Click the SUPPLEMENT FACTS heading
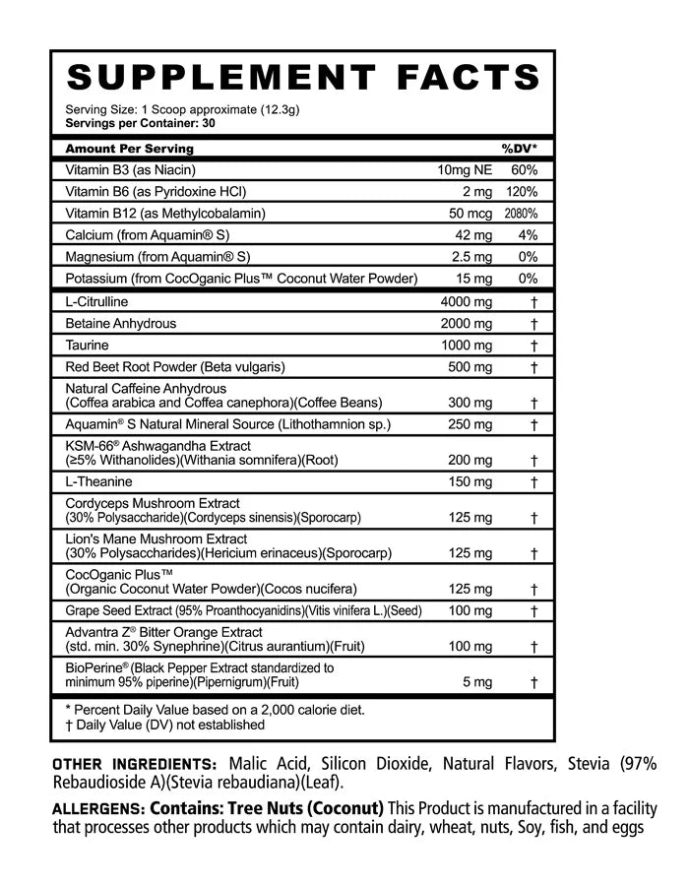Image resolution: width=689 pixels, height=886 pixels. (303, 77)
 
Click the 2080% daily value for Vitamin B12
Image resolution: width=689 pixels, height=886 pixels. (522, 214)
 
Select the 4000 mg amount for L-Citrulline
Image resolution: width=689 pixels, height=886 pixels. (466, 300)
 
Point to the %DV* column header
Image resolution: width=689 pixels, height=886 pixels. (520, 149)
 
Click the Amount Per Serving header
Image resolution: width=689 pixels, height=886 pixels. (129, 149)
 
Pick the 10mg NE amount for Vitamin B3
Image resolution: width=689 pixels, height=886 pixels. (465, 170)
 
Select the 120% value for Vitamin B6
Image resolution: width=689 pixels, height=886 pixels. (522, 192)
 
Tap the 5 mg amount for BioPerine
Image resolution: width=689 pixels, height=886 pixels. (475, 681)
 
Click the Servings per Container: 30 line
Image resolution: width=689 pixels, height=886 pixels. (139, 124)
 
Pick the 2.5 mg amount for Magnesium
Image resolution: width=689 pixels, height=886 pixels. (470, 257)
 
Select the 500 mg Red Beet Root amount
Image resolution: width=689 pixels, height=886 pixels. (470, 367)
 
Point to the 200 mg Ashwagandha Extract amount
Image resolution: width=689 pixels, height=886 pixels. (470, 460)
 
